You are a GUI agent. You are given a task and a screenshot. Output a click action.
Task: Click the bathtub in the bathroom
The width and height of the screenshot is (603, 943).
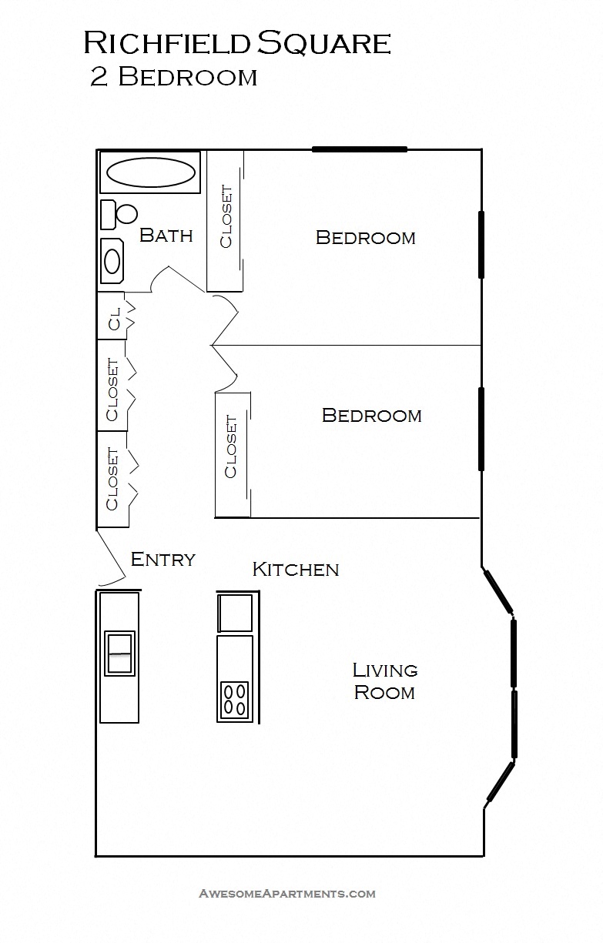tap(150, 172)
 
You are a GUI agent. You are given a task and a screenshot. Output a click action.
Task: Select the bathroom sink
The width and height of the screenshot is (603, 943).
tap(112, 261)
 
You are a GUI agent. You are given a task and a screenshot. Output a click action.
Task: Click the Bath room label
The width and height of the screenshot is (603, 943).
tap(166, 236)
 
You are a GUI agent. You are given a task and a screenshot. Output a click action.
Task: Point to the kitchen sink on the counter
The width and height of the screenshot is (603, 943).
tap(119, 654)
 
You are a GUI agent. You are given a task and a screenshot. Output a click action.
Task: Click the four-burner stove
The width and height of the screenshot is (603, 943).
tap(235, 699)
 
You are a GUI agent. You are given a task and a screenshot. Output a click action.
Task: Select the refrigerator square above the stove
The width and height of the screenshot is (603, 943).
tap(235, 613)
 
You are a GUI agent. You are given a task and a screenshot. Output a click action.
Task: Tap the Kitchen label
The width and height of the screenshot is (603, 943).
tap(296, 570)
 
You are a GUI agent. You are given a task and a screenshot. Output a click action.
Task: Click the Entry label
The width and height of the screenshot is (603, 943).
tap(162, 560)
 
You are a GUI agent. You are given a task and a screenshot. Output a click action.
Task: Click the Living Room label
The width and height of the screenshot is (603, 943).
tap(384, 681)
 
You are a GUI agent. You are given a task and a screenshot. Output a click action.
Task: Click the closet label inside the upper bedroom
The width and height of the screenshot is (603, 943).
tap(226, 217)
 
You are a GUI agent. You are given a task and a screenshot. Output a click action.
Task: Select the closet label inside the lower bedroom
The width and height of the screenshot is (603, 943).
tap(231, 447)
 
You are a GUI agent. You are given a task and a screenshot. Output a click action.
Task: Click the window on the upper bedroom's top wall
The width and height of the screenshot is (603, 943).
tap(359, 149)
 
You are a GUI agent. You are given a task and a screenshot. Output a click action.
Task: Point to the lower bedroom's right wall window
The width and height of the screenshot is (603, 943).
tap(481, 429)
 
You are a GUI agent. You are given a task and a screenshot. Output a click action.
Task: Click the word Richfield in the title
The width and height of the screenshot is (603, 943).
tap(167, 43)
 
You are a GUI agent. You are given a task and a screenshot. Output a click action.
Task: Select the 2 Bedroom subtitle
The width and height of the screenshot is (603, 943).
tap(173, 78)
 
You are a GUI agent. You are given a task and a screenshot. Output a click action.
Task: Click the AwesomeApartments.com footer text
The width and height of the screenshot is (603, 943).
tap(287, 894)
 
